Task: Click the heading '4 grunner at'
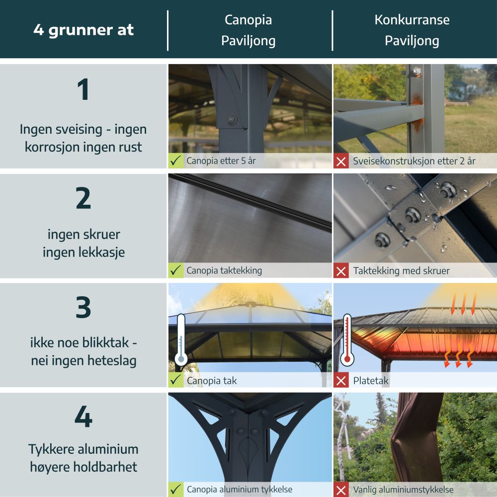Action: [83, 30]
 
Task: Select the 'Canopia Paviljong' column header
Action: [248, 30]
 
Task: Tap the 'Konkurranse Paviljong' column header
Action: [412, 30]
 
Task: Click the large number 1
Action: [83, 89]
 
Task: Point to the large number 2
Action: [83, 198]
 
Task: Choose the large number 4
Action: [83, 416]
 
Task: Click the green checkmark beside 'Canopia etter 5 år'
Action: [176, 161]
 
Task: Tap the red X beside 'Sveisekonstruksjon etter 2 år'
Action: [341, 161]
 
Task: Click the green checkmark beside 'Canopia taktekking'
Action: [176, 270]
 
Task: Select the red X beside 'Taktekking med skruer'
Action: [341, 271]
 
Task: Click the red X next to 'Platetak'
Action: [341, 380]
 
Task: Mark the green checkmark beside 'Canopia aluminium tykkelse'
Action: [176, 490]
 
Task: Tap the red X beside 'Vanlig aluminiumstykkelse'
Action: [341, 490]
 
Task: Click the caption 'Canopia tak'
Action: [212, 380]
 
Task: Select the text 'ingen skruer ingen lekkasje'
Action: [83, 244]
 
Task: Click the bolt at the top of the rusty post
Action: [416, 72]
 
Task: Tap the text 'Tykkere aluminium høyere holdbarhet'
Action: [83, 458]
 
